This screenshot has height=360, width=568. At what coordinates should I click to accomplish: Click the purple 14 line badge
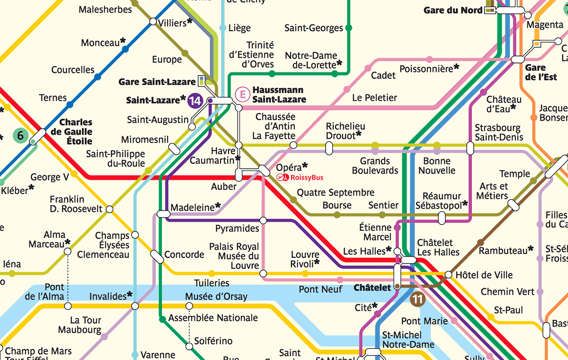(195, 101)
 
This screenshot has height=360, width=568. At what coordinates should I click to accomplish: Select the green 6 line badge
(20, 136)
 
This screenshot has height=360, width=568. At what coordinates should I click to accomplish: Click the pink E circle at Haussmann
(243, 94)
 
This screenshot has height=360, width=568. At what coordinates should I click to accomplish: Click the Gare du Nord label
(453, 10)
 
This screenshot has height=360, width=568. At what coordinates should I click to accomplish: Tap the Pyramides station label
(237, 228)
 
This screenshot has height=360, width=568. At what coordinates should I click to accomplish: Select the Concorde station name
(184, 255)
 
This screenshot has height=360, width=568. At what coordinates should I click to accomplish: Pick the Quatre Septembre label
(336, 193)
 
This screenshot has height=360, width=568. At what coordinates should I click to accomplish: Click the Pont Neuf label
(320, 289)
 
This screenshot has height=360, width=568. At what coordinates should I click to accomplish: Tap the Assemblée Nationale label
(213, 317)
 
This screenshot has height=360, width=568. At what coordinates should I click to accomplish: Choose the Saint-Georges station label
(313, 28)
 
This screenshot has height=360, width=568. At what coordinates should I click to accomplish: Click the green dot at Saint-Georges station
(349, 28)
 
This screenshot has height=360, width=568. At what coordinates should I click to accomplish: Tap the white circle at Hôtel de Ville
(448, 274)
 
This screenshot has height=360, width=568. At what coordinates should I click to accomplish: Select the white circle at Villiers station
(153, 21)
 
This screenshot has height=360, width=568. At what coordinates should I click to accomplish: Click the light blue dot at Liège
(223, 28)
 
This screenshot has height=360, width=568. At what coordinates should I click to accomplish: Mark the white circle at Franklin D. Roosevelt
(110, 209)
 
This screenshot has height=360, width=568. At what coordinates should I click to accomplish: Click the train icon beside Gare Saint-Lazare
(202, 80)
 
